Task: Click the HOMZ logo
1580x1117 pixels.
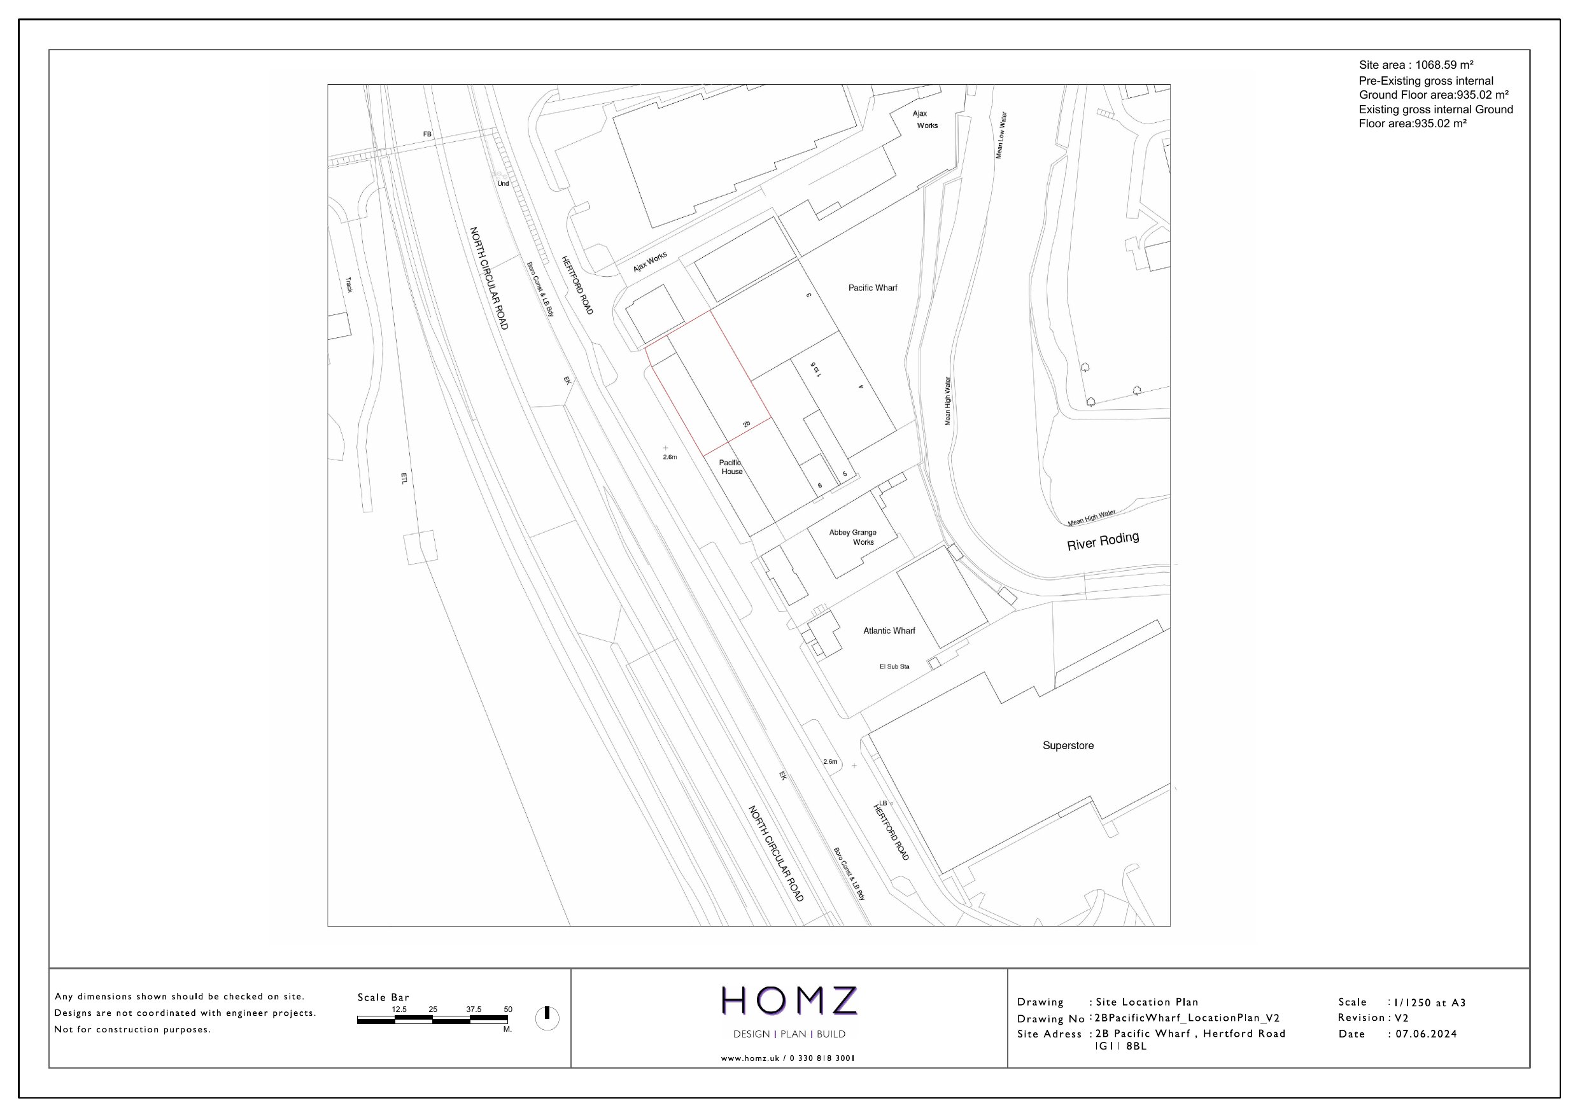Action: click(789, 1001)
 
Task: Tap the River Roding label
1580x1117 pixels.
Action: click(1103, 541)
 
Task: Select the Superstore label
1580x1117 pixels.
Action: click(1068, 745)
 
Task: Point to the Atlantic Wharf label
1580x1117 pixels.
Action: click(889, 630)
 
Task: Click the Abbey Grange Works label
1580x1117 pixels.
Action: click(853, 537)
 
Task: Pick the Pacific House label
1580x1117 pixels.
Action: click(731, 467)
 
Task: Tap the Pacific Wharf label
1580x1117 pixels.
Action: click(873, 288)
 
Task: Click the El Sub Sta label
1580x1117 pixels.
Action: click(894, 666)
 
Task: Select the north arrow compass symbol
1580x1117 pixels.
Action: click(547, 1018)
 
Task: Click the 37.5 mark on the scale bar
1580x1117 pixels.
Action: click(474, 1009)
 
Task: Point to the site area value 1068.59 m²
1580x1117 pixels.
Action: click(1444, 66)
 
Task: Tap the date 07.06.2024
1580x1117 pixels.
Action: click(1426, 1034)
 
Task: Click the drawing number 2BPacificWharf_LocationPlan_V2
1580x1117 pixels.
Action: click(1187, 1018)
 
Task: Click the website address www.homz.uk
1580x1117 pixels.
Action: click(750, 1058)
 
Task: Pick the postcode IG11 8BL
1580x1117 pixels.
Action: click(1120, 1046)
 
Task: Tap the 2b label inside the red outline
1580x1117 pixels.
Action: click(747, 425)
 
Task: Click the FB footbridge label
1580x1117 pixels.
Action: click(427, 134)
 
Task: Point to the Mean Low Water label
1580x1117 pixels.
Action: click(1001, 135)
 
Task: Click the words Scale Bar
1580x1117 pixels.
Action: click(383, 997)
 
